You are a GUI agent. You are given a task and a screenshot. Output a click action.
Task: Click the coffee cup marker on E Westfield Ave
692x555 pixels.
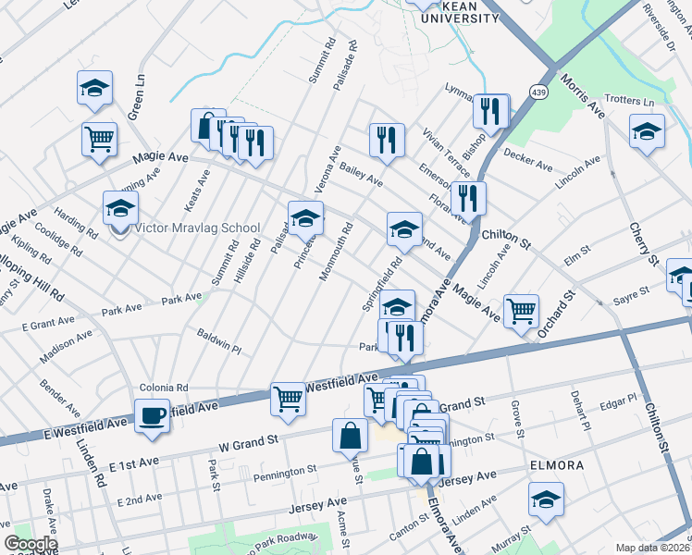152,414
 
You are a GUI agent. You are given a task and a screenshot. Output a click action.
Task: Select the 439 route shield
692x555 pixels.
538,91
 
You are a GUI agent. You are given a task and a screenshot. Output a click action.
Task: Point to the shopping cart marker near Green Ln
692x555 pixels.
99,140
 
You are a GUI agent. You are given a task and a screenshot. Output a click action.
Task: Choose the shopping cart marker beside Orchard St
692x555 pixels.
522,311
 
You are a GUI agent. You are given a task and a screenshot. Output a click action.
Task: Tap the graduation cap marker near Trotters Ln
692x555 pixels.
647,131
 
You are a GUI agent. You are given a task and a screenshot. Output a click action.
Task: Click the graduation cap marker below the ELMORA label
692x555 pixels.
547,499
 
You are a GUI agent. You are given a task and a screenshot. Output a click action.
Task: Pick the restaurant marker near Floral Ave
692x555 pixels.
468,198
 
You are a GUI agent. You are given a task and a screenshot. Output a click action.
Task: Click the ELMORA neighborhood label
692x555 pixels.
556,464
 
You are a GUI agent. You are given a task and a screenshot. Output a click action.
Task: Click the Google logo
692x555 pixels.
31,544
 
